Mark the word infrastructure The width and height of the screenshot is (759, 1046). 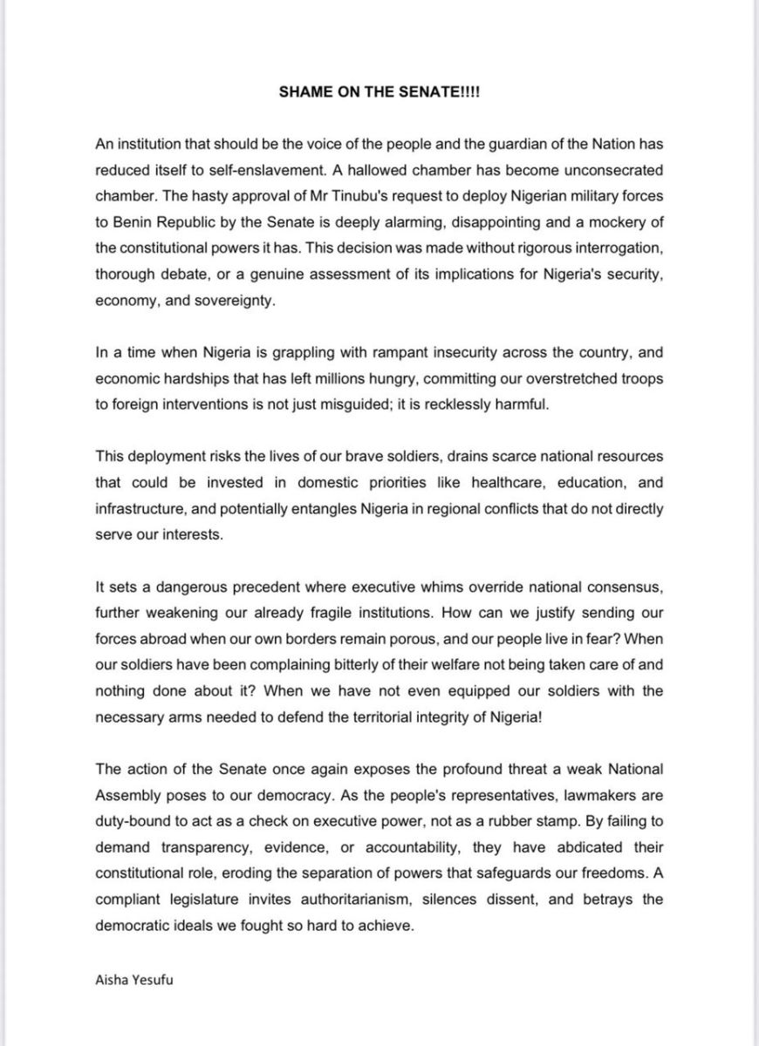(140, 509)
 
